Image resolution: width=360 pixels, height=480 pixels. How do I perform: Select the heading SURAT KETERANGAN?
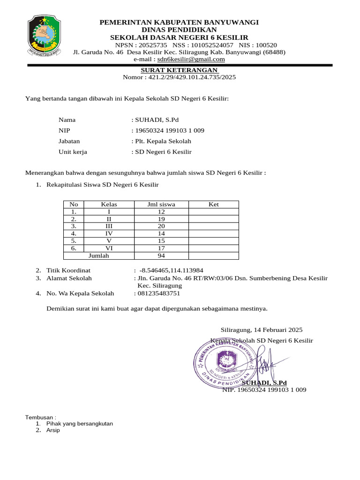[180, 70]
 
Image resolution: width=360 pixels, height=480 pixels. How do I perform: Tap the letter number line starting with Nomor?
[179, 77]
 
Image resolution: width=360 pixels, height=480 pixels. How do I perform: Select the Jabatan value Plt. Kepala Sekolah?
[163, 141]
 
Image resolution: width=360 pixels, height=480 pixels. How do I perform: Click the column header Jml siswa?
[161, 204]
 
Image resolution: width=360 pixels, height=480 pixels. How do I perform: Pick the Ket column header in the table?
[214, 204]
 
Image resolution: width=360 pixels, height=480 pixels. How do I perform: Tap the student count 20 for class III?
[161, 226]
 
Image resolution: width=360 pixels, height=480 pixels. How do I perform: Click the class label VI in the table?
[109, 248]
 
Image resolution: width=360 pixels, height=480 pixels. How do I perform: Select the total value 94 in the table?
[161, 256]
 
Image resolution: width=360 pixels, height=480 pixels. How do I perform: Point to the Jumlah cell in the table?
[98, 256]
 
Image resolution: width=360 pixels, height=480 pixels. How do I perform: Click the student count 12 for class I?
[161, 212]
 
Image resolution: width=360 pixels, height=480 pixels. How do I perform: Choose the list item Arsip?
[53, 430]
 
